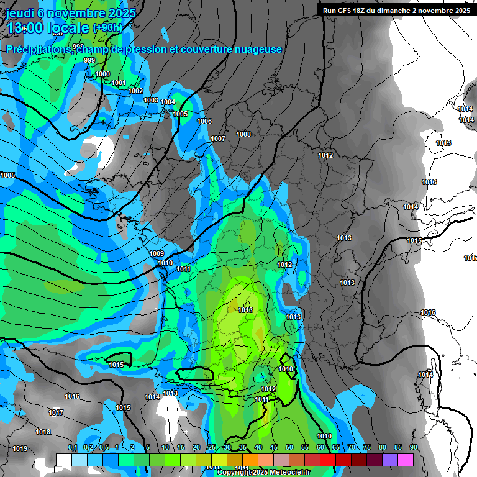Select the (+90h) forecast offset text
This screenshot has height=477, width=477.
[x=107, y=27]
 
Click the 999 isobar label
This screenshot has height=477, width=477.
[x=89, y=60]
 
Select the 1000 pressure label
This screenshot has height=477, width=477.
[x=102, y=74]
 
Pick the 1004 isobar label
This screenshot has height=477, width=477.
[x=168, y=102]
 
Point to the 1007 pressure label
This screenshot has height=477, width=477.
[x=218, y=139]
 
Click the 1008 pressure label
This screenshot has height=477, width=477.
[x=243, y=134]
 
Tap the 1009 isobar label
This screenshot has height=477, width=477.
[x=157, y=253]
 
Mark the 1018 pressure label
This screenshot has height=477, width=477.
[x=43, y=432]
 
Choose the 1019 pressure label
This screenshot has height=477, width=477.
[x=20, y=448]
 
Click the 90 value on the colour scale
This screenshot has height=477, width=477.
[x=413, y=447]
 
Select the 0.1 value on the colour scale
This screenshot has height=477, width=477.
[x=72, y=447]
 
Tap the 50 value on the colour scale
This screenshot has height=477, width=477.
[x=289, y=447]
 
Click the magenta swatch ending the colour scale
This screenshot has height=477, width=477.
[x=405, y=460]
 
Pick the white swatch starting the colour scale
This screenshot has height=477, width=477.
[x=63, y=460]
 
